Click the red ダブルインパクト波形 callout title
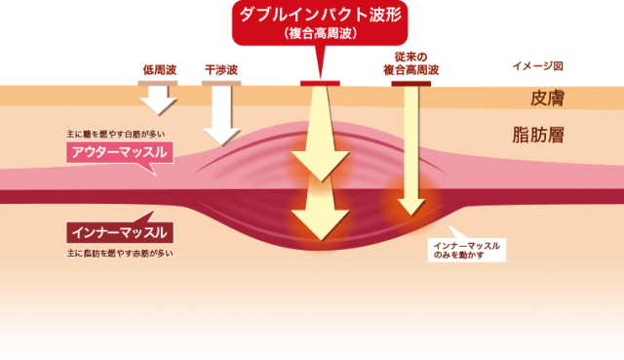[x=321, y=15]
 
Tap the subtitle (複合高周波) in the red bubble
[x=321, y=33]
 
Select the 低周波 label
[x=160, y=70]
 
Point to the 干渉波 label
[x=221, y=70]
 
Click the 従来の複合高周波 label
[x=411, y=63]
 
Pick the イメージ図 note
[x=537, y=66]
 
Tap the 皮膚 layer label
[x=547, y=98]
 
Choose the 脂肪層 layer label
[x=538, y=135]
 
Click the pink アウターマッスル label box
[x=120, y=152]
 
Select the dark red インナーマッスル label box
[x=120, y=232]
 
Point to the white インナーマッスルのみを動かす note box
[x=467, y=250]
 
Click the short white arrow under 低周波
[x=158, y=100]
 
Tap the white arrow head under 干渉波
[x=221, y=137]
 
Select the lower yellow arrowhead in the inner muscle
[x=321, y=224]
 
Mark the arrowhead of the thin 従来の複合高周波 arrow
[x=411, y=207]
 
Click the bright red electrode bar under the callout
[x=320, y=83]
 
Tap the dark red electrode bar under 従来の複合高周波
[x=411, y=84]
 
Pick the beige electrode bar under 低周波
[x=158, y=83]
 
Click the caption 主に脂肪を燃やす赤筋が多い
[x=120, y=254]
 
